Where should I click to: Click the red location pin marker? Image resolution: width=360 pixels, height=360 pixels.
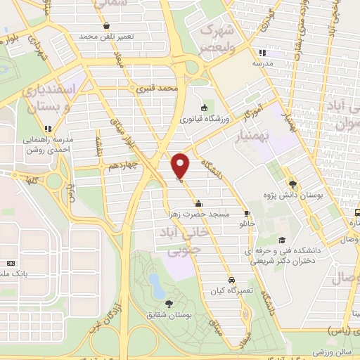tap(181, 167)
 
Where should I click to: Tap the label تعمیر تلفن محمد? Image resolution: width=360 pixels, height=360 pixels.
tap(96, 36)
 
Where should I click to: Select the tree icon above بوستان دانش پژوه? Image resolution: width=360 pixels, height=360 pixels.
tap(292, 184)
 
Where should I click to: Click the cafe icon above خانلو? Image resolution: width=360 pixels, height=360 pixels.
tap(246, 213)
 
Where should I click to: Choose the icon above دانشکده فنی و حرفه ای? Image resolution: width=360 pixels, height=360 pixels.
tap(281, 239)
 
